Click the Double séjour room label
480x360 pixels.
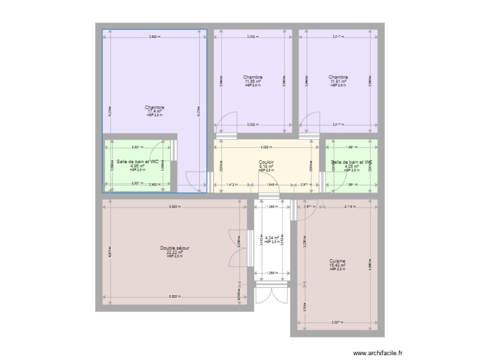point(175,248)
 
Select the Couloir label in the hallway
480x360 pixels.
point(266,162)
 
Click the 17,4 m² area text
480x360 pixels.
point(154,111)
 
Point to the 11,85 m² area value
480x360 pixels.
point(253,81)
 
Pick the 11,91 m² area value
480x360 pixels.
point(338,81)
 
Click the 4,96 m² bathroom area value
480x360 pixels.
point(137,166)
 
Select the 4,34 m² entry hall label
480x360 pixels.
point(272,238)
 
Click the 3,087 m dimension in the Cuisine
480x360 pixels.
point(338,323)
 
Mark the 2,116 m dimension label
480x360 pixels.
point(350,207)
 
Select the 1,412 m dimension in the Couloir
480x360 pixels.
point(230,185)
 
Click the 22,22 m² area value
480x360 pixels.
point(175,253)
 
